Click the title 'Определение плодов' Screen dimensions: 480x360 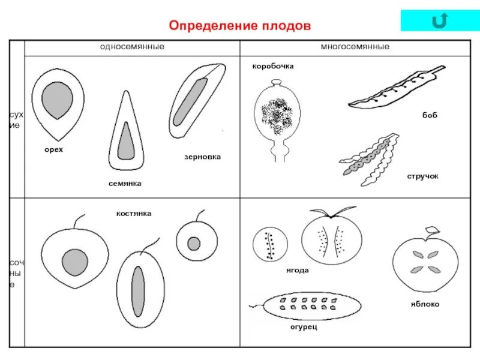(240, 26)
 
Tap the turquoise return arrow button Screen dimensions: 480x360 (440, 21)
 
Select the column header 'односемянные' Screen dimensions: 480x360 (132, 46)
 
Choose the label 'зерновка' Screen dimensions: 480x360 (202, 157)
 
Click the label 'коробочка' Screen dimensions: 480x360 (272, 66)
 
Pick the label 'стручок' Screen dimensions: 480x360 (423, 176)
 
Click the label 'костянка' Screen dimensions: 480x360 (134, 213)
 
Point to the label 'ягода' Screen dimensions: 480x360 (297, 270)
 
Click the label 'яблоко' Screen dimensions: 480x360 (425, 304)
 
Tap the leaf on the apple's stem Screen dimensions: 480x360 (432, 230)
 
